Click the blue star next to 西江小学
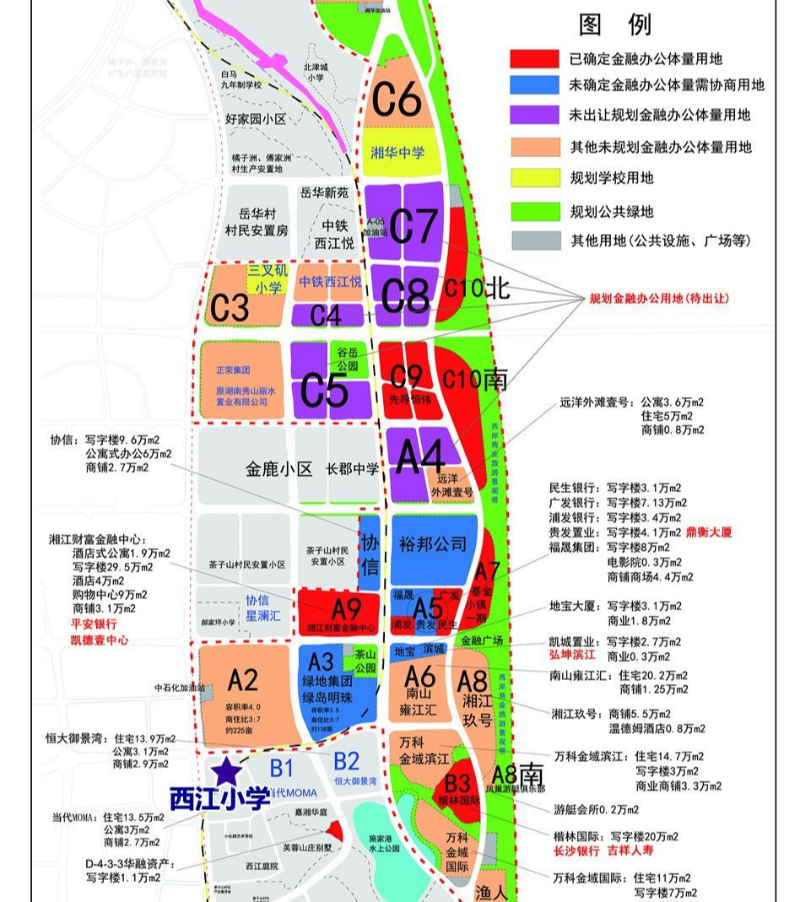pos(226,770)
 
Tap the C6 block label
pos(397,100)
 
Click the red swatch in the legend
pos(534,59)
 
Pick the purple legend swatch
pos(534,114)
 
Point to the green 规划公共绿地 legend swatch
pos(534,210)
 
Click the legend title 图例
pos(615,24)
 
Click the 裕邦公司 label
pos(434,545)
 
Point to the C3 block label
pos(230,309)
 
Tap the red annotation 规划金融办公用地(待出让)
pos(659,299)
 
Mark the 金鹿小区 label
pos(279,468)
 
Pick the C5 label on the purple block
pos(325,391)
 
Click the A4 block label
pos(419,458)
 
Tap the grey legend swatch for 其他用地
pos(534,240)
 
